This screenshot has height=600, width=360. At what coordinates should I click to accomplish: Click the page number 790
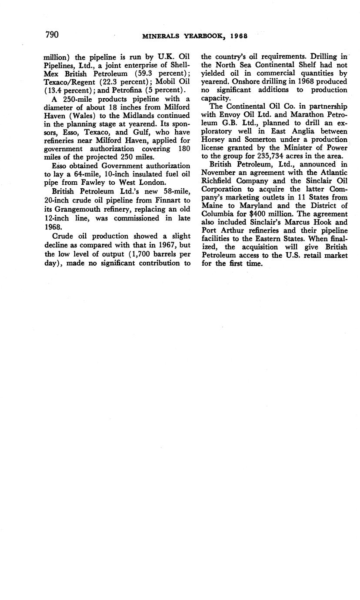click(52, 35)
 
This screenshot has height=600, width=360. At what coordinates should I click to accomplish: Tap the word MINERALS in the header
click(161, 37)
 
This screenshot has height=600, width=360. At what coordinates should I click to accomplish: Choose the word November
click(220, 173)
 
